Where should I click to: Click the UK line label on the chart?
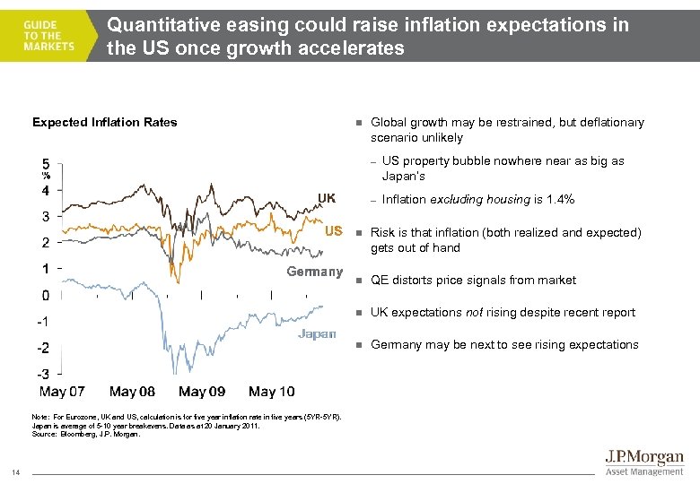(x=326, y=197)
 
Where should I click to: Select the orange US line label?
(x=333, y=230)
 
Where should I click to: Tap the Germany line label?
(x=314, y=272)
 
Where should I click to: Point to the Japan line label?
(x=318, y=333)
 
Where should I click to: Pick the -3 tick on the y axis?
(x=42, y=374)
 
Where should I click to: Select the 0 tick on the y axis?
(x=45, y=295)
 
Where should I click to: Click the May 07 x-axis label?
(x=63, y=392)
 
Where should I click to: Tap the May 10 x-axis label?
(x=271, y=392)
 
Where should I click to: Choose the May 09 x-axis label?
(x=202, y=392)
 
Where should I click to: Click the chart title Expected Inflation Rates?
(x=105, y=122)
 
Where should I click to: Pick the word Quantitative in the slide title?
(x=158, y=25)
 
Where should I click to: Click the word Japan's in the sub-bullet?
(x=404, y=177)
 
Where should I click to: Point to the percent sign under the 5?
(x=46, y=176)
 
